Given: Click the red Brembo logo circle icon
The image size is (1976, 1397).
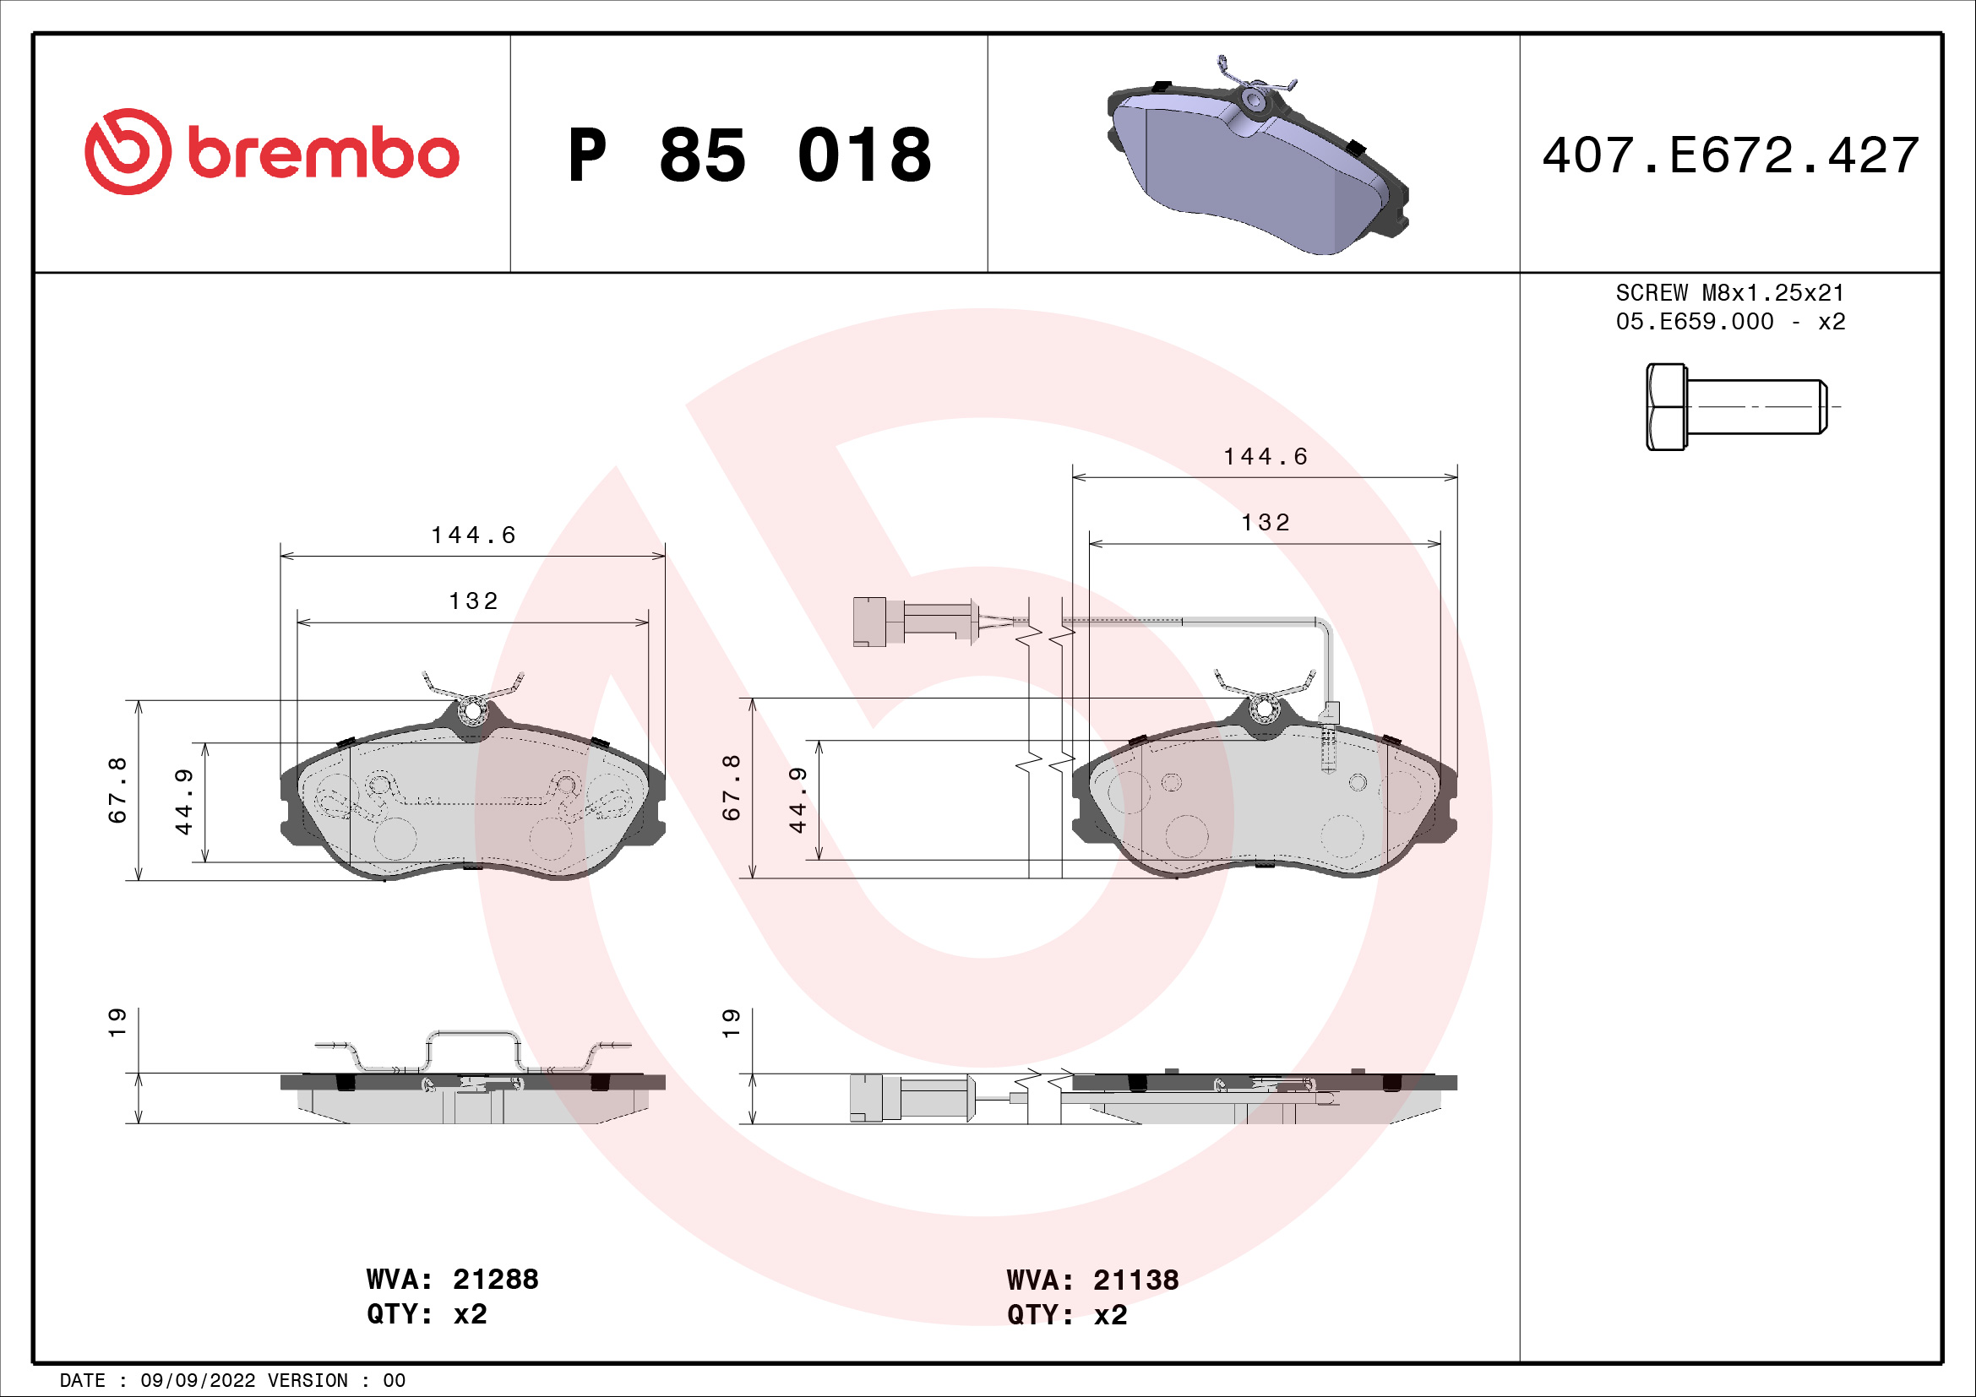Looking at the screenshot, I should click(x=128, y=151).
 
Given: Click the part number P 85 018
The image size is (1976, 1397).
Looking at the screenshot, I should click(x=749, y=155).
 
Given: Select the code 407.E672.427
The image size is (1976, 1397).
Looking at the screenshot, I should click(x=1730, y=155).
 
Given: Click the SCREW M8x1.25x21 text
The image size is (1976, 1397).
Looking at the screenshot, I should click(x=1730, y=292).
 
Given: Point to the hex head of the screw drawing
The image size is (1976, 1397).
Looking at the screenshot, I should click(x=1666, y=407).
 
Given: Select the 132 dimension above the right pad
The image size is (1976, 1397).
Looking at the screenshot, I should click(x=1266, y=523).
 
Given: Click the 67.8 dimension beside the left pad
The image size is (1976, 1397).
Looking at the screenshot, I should click(x=117, y=790).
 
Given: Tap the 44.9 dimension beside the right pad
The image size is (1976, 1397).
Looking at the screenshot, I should click(x=797, y=800).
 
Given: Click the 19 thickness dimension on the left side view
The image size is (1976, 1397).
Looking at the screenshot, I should click(x=117, y=1022).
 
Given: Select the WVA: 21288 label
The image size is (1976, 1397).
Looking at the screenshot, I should click(x=452, y=1279).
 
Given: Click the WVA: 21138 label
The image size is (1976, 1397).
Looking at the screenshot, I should click(x=1092, y=1280).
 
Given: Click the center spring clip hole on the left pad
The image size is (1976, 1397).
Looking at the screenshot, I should click(x=472, y=713).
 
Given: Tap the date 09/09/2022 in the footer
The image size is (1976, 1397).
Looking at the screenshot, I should click(x=197, y=1381).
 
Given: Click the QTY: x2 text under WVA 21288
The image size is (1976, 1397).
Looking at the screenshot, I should click(x=426, y=1314).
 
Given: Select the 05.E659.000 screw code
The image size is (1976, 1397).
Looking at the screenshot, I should click(x=1694, y=322).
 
